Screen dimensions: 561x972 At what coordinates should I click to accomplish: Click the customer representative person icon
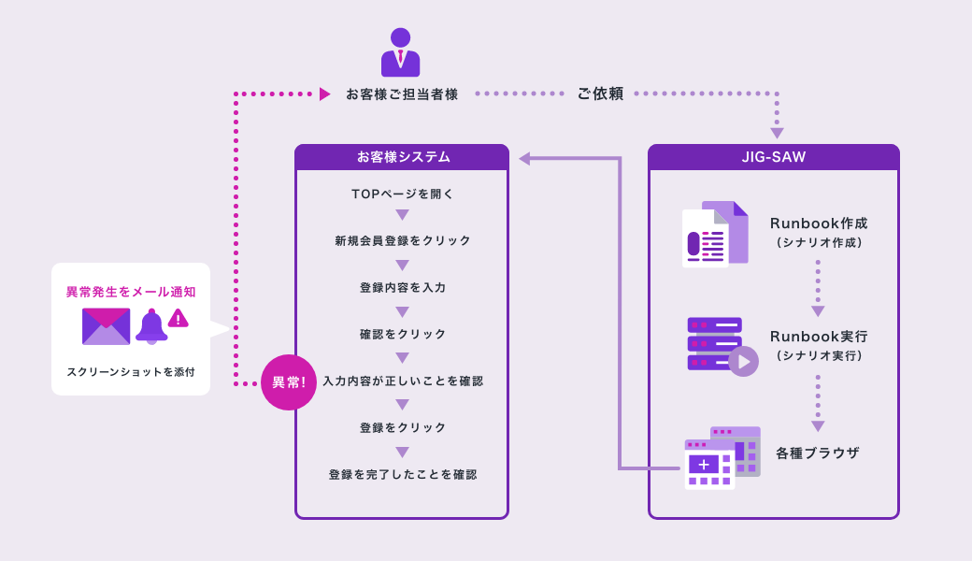[x=400, y=53]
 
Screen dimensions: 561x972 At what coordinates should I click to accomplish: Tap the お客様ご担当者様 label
[x=402, y=94]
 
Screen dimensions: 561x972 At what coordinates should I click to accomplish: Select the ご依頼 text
[x=600, y=93]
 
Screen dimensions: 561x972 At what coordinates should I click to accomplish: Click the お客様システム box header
[x=402, y=157]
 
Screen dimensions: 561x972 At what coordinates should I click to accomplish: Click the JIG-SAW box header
[x=773, y=157]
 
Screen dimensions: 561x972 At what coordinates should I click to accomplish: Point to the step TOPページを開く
[x=402, y=194]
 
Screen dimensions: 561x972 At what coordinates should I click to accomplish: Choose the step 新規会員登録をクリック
[x=402, y=241]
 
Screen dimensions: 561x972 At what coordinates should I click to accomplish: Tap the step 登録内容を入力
[x=402, y=288]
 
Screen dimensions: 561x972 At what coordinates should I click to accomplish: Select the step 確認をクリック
[x=402, y=335]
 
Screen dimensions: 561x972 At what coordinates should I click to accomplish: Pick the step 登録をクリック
[x=402, y=428]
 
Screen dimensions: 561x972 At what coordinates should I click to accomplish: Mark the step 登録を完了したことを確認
[x=402, y=475]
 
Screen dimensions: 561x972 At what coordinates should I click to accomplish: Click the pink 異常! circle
[x=289, y=382]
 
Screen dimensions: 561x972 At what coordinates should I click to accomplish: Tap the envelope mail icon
[x=106, y=326]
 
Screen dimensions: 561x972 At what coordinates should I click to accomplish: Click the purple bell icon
[x=150, y=326]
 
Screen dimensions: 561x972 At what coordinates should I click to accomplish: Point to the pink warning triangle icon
[x=179, y=319]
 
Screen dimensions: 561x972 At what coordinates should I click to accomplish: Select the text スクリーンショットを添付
[x=131, y=372]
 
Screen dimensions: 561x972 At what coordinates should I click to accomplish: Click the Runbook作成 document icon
[x=714, y=234]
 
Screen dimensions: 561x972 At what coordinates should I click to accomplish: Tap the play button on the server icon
[x=744, y=361]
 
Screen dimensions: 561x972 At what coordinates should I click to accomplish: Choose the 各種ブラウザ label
[x=817, y=453]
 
